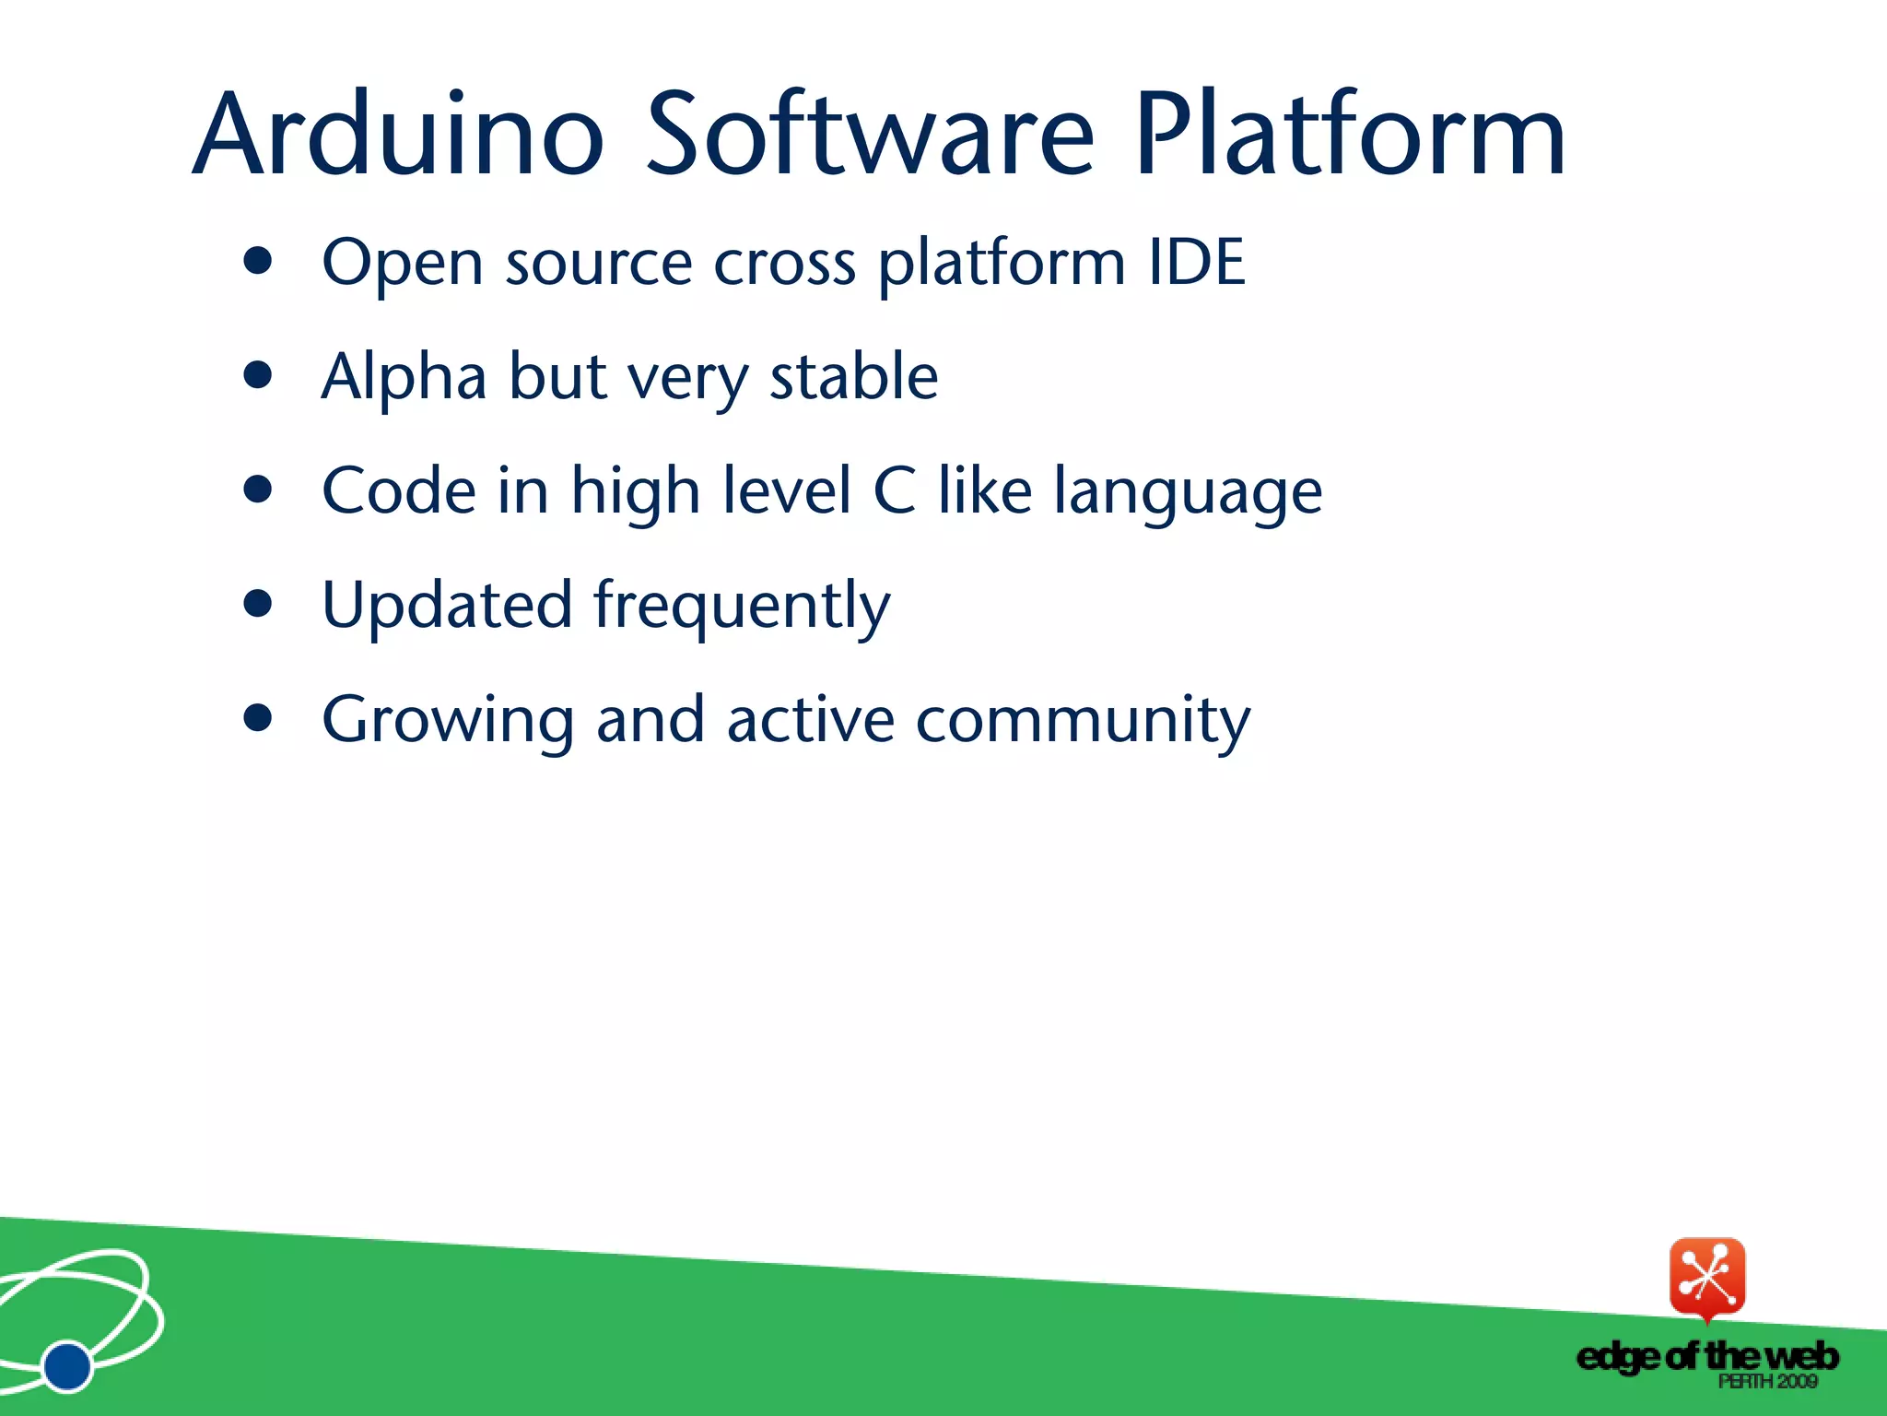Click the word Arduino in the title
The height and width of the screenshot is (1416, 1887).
[398, 136]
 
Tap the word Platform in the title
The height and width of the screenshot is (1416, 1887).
[1349, 136]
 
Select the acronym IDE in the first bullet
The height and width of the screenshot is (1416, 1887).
[1196, 263]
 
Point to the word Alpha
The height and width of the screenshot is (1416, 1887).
[403, 378]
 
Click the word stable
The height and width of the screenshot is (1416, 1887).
[853, 378]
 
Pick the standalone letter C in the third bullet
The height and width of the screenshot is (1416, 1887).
[894, 491]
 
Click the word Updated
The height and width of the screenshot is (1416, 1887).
[447, 607]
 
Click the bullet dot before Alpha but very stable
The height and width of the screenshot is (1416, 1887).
[259, 375]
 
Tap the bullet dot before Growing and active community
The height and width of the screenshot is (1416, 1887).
[259, 717]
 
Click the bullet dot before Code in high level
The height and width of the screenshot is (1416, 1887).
[259, 490]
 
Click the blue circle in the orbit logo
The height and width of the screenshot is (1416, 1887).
[67, 1365]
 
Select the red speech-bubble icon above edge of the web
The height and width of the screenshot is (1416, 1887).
[1706, 1278]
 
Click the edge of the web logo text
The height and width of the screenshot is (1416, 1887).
[1706, 1356]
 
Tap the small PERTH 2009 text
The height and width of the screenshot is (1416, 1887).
[1767, 1381]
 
